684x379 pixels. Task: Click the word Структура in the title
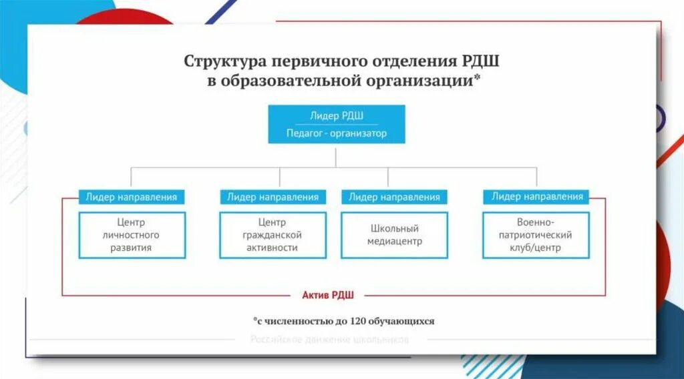224,61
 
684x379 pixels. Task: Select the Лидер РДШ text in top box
337,115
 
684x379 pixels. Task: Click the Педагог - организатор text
337,133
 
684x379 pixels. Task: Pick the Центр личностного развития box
132,235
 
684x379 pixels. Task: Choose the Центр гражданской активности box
273,235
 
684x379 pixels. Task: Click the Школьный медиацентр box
394,235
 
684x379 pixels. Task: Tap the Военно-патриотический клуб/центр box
536,235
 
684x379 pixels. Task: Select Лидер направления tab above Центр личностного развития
132,197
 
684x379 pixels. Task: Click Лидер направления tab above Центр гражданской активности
273,197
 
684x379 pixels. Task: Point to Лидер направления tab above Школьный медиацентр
394,197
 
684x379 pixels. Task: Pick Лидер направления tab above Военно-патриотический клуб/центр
537,196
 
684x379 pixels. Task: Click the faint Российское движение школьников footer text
329,340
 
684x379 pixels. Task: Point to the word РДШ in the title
480,61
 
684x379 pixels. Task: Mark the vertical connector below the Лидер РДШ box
336,155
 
